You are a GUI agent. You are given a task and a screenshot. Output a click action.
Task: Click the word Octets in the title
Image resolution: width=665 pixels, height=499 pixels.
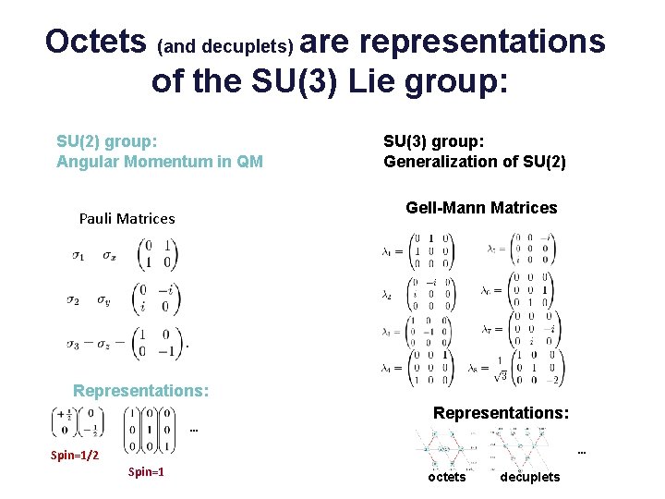click(x=96, y=42)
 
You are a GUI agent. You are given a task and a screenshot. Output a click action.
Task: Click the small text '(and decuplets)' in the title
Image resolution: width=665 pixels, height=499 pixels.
click(x=226, y=45)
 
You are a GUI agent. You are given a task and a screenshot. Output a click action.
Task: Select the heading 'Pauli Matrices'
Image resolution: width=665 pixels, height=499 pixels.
click(x=127, y=219)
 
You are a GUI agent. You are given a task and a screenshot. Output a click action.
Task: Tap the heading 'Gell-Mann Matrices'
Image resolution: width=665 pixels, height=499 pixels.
click(x=481, y=208)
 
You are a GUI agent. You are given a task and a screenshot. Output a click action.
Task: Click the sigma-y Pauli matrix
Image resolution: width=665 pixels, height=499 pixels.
click(x=157, y=299)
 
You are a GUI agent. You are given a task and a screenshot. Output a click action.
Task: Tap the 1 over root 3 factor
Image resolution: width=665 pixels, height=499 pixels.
click(x=502, y=369)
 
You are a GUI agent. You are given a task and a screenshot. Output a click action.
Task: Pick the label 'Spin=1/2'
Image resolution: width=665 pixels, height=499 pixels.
click(x=75, y=456)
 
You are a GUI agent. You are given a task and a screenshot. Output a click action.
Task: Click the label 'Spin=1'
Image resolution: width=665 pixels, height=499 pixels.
click(x=146, y=472)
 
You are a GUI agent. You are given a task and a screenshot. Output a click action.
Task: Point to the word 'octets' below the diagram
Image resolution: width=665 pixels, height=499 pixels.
click(x=447, y=477)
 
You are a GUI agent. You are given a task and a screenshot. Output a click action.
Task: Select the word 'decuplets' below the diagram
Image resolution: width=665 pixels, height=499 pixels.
click(x=529, y=477)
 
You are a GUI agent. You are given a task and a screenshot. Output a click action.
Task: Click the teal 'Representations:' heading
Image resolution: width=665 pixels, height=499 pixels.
click(x=140, y=391)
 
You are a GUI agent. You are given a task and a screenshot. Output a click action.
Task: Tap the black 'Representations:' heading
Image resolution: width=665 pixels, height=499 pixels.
click(x=501, y=413)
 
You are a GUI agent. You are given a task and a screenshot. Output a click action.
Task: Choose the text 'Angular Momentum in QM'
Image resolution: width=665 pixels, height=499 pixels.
click(x=160, y=163)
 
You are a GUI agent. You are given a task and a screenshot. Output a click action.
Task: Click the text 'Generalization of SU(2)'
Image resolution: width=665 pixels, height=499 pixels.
click(x=475, y=163)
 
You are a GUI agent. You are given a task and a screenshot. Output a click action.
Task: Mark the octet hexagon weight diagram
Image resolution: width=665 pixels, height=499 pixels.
click(x=448, y=448)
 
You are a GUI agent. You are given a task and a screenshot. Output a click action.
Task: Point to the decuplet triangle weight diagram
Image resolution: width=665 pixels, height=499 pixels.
click(x=526, y=446)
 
